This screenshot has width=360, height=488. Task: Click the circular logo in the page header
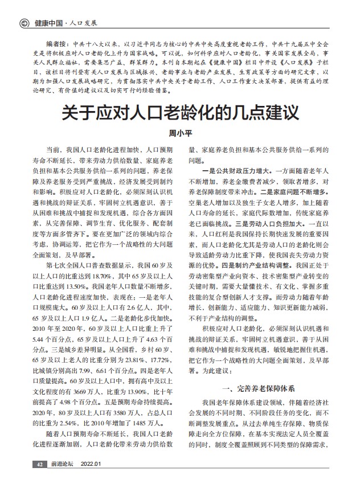[23, 23]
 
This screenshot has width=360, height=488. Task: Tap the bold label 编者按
[58, 44]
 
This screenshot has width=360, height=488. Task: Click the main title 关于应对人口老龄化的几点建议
[180, 110]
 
